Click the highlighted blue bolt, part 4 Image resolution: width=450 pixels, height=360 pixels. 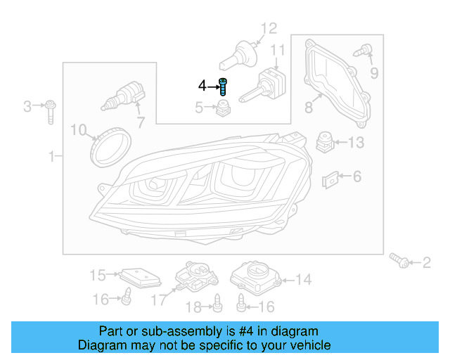click(x=224, y=86)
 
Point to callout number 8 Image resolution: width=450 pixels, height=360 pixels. click(x=308, y=108)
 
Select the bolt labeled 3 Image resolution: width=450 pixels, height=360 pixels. click(x=51, y=110)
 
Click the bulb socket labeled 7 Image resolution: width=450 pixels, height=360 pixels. click(x=125, y=96)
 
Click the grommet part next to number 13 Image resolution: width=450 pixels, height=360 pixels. click(x=325, y=141)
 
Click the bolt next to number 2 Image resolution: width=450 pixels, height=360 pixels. click(x=401, y=262)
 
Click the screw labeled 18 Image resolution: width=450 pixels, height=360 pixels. click(x=218, y=302)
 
